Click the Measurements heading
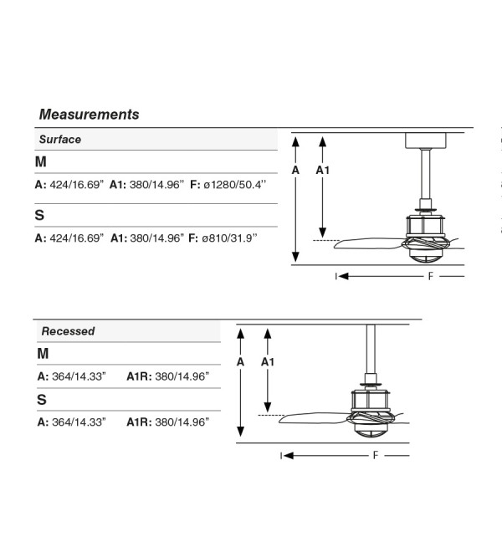90,115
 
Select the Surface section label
60,140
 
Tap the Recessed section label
68,331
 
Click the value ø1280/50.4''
234,185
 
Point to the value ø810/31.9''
229,238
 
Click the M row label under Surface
41,161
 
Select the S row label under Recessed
42,400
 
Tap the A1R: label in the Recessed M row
139,376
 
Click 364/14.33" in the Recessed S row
79,422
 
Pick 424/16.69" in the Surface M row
77,185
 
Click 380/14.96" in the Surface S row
156,238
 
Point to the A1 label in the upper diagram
322,170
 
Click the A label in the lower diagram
240,362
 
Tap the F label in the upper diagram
431,276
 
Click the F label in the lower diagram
376,456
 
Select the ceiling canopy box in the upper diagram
426,141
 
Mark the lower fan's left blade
314,418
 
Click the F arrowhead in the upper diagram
344,276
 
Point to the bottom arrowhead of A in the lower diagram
240,432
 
